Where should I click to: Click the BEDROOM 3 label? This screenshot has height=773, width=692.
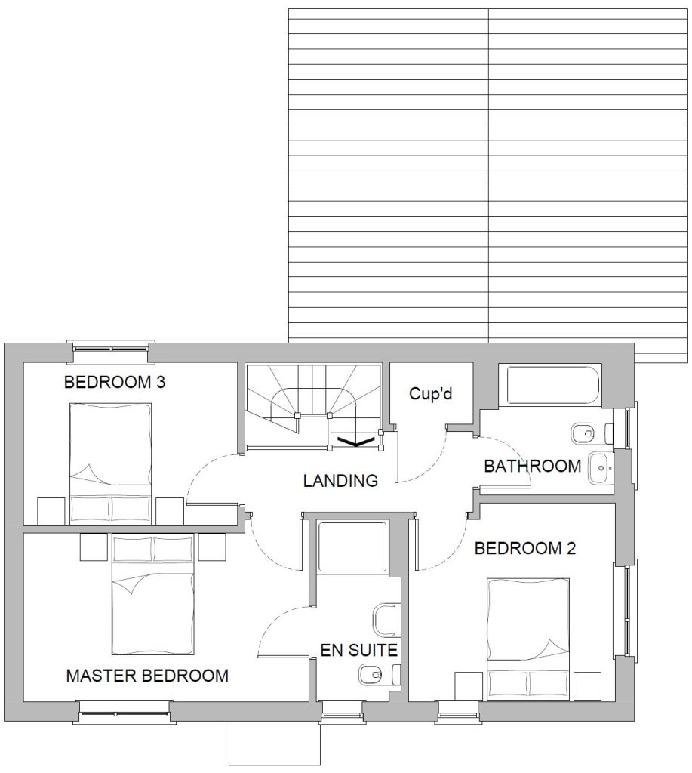pos(115,382)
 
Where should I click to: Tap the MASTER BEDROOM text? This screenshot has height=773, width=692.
pos(147,676)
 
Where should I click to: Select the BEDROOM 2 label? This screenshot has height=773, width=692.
pos(525,548)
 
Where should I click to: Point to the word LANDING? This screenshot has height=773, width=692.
pos(340,481)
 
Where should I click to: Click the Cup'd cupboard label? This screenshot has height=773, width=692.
pos(431,393)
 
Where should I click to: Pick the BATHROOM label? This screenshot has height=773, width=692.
pos(532,466)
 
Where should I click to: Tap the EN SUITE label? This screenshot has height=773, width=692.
pos(358,650)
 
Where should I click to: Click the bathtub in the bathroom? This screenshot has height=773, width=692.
pos(549,386)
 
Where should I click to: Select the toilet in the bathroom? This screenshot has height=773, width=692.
pos(592,434)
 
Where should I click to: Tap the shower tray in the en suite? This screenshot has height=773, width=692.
pos(352,546)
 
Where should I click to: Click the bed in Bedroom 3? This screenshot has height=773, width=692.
pos(110,462)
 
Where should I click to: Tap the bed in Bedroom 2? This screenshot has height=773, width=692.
pos(528,639)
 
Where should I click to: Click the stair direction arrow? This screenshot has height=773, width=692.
pos(355,442)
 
